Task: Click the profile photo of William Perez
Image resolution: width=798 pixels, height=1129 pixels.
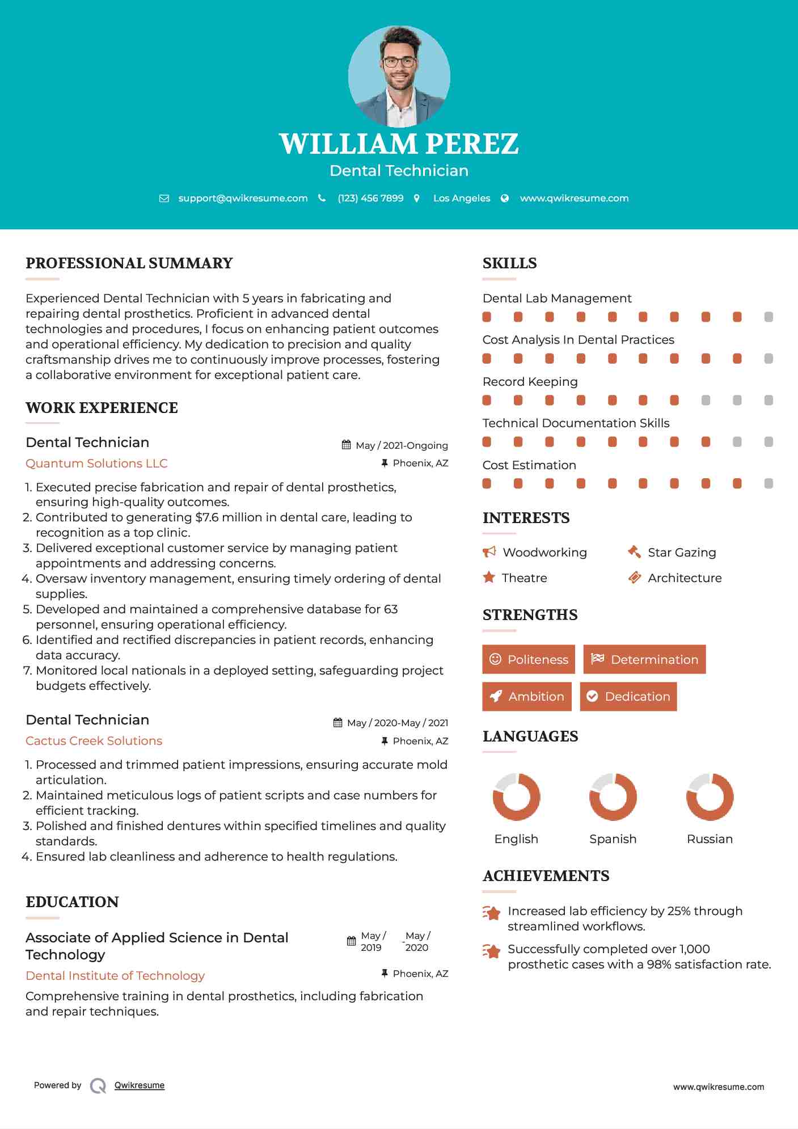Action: click(399, 76)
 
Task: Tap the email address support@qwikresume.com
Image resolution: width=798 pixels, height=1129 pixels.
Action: click(243, 199)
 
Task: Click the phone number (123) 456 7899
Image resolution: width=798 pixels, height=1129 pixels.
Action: click(370, 199)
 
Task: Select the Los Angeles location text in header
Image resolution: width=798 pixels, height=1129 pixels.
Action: click(462, 199)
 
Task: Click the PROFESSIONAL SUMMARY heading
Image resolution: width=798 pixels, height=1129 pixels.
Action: click(129, 263)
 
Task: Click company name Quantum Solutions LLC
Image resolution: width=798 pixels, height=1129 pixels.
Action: click(96, 464)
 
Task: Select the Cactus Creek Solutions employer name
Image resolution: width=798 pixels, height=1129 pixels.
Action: click(94, 741)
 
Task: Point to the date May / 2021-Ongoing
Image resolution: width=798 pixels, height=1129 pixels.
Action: click(401, 446)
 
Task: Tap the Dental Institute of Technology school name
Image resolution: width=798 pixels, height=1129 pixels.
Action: click(115, 976)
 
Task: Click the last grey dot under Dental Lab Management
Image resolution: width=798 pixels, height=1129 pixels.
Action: click(769, 317)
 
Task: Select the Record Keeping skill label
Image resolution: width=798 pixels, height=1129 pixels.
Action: click(530, 382)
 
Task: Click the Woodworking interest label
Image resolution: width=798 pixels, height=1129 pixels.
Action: click(544, 553)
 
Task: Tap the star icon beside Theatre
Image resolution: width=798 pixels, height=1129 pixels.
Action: click(489, 578)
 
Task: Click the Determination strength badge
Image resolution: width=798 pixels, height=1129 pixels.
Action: click(644, 659)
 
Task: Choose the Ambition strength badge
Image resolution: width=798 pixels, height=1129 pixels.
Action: click(527, 697)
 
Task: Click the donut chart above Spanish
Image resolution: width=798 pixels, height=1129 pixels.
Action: click(613, 797)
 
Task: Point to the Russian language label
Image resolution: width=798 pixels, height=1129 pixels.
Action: click(710, 839)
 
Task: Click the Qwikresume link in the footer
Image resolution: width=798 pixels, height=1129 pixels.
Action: click(140, 1085)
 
